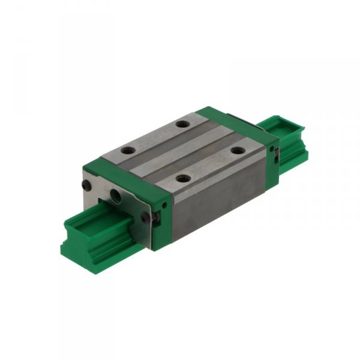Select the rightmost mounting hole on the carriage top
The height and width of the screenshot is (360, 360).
[x=238, y=150]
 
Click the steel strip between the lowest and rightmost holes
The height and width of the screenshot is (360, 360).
[x=210, y=165]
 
